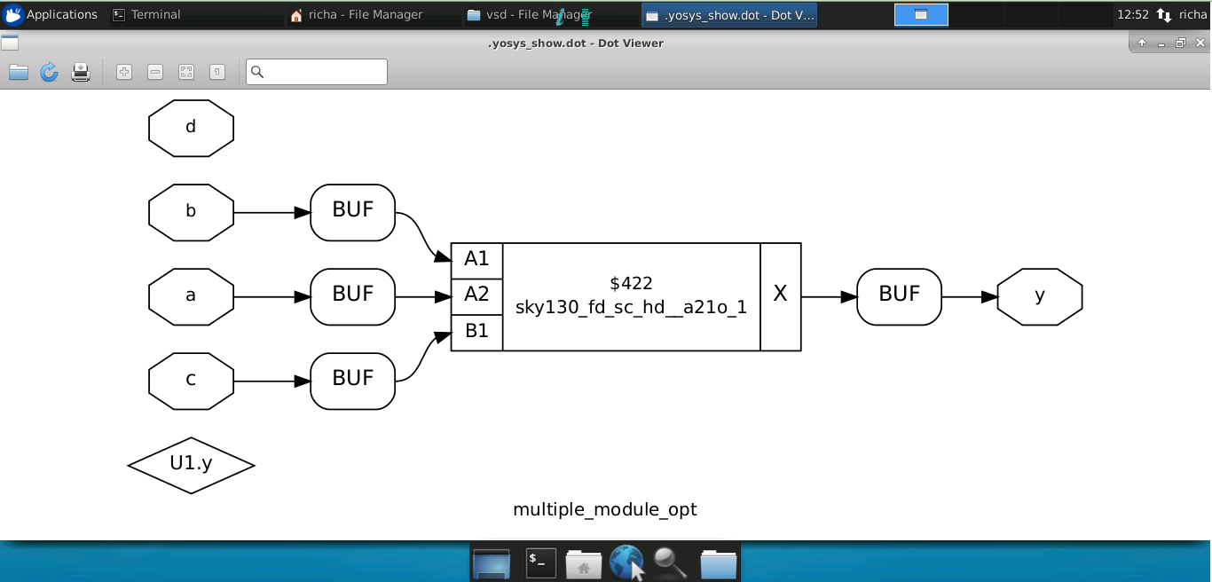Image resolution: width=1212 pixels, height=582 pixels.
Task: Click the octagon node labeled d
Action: pos(191,128)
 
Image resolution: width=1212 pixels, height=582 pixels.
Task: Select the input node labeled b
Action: pos(191,213)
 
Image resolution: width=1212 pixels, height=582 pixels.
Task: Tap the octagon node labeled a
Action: pos(191,297)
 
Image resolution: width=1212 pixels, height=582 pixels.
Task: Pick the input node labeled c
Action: pos(191,381)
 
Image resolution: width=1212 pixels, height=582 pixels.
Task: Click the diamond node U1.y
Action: pos(191,465)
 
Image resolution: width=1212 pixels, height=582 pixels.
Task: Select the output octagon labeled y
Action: pos(1039,297)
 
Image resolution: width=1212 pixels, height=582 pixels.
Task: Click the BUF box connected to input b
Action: pos(353,213)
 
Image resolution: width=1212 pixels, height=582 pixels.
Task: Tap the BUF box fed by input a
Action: pos(353,297)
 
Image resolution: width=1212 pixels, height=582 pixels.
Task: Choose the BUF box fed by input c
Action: pos(353,381)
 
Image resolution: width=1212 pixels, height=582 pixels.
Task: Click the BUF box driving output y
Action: pos(900,297)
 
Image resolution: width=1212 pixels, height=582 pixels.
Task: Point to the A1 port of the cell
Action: pos(476,261)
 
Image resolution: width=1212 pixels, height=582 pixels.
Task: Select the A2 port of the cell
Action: pos(476,296)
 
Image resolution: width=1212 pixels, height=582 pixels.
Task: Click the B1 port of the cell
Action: pos(476,332)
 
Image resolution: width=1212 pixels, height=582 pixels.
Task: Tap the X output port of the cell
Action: pos(780,297)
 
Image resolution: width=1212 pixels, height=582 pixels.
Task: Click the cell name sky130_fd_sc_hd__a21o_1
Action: pos(631,307)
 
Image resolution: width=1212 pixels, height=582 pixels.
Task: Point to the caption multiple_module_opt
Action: pos(605,509)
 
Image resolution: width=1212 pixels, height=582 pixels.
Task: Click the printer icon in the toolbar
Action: pos(81,72)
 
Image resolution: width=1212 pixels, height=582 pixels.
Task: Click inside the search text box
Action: pos(317,72)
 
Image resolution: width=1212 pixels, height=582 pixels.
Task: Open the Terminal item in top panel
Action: pos(146,14)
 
